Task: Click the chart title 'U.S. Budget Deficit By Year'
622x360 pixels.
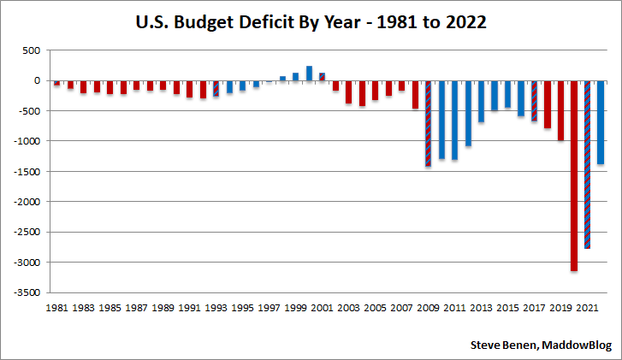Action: pyautogui.click(x=311, y=23)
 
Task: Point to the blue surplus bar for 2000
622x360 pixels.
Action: pyautogui.click(x=309, y=74)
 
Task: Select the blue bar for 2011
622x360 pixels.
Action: pyautogui.click(x=454, y=120)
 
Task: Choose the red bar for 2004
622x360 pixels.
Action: pyautogui.click(x=362, y=93)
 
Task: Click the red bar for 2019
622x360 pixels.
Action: pyautogui.click(x=560, y=110)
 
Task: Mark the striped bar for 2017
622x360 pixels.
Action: pyautogui.click(x=534, y=101)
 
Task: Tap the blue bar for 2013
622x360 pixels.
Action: pyautogui.click(x=481, y=101)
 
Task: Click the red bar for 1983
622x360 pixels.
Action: pyautogui.click(x=84, y=87)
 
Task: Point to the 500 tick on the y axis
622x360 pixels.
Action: pyautogui.click(x=31, y=50)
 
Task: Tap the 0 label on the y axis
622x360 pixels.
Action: pyautogui.click(x=36, y=80)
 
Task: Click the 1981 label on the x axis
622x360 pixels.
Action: pyautogui.click(x=57, y=306)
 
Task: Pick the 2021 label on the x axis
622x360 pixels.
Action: pyautogui.click(x=588, y=306)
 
